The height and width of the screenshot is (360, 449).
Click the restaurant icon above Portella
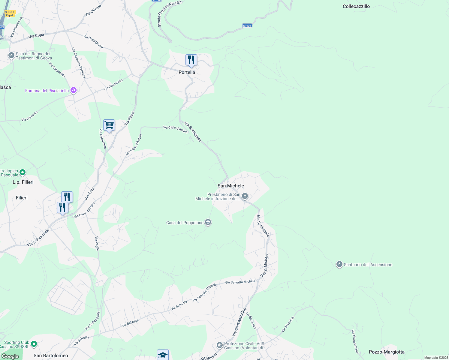[x=191, y=60]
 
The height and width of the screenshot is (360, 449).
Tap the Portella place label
[x=187, y=72]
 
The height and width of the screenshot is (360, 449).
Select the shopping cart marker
[x=109, y=125]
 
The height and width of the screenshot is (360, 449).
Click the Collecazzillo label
[x=356, y=6]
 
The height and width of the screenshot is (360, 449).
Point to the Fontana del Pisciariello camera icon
[x=74, y=90]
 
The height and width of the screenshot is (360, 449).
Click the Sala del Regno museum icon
[x=11, y=55]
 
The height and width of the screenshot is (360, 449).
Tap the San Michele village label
[x=231, y=186]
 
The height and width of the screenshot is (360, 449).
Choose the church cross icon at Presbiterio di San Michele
[x=245, y=196]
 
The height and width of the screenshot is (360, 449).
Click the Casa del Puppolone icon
[x=208, y=223]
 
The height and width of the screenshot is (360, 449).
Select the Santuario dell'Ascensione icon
[x=339, y=264]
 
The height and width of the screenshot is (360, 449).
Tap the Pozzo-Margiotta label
[x=387, y=352]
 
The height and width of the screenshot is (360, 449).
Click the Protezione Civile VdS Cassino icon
[x=220, y=346]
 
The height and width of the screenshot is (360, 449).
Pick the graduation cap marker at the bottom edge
[x=163, y=355]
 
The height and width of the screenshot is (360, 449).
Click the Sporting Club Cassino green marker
[x=34, y=344]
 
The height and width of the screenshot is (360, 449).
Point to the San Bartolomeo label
[x=51, y=355]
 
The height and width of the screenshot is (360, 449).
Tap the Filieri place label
[x=22, y=198]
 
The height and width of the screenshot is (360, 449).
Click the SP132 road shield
[x=247, y=26]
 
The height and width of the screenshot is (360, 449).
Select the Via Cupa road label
[x=36, y=36]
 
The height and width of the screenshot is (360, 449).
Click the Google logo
[x=10, y=356]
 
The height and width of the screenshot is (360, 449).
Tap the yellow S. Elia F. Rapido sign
[x=10, y=14]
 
